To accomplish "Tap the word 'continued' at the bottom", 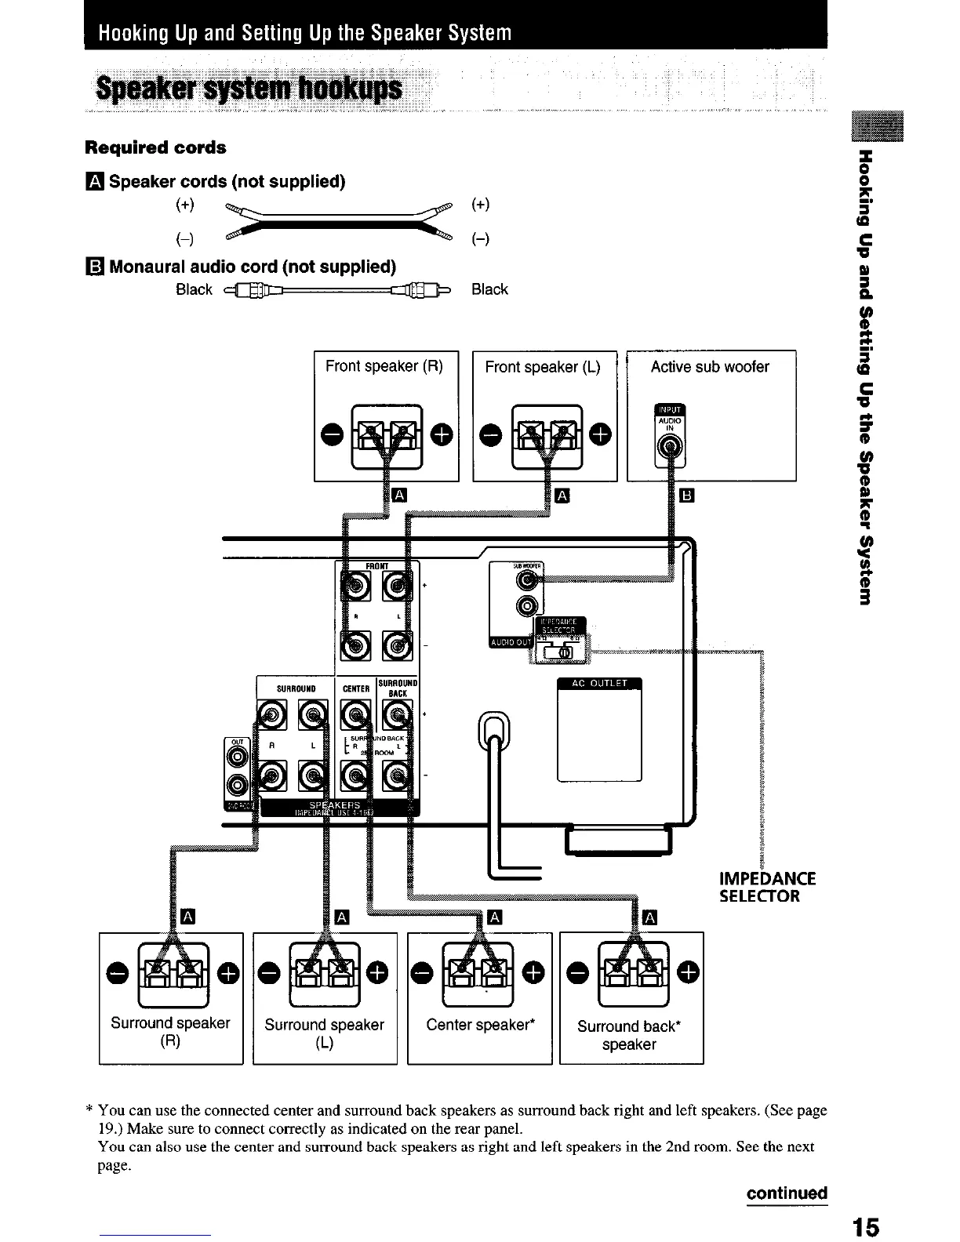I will [787, 1193].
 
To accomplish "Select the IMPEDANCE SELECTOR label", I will [767, 887].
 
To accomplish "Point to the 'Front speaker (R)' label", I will [384, 366].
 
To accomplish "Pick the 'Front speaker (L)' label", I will [543, 367].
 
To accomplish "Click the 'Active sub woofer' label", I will [710, 367].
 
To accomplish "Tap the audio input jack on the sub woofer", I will [669, 448].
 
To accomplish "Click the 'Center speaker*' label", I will [480, 1024].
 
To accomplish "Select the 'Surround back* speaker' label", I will [629, 1035].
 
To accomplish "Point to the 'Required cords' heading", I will [155, 147].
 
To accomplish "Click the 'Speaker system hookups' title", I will [248, 90].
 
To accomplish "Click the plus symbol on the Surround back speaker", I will [688, 972].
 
